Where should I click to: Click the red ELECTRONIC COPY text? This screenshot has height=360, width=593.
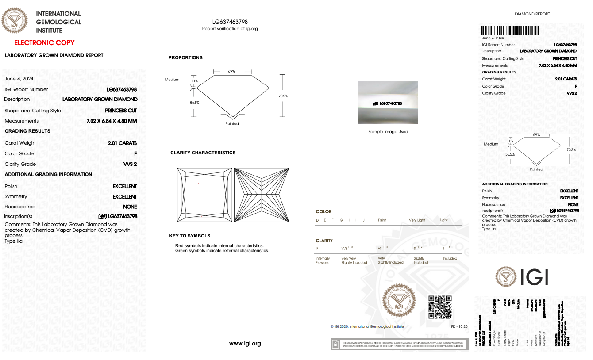pyautogui.click(x=44, y=43)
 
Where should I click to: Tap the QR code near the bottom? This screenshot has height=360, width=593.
pyautogui.click(x=440, y=307)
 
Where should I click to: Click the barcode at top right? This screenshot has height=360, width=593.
pyautogui.click(x=510, y=31)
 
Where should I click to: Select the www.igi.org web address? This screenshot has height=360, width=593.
pyautogui.click(x=245, y=344)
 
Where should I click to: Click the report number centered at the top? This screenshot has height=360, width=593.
pyautogui.click(x=230, y=22)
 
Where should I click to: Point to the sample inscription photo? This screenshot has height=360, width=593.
pyautogui.click(x=388, y=103)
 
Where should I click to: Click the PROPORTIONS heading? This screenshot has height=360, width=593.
pyautogui.click(x=185, y=58)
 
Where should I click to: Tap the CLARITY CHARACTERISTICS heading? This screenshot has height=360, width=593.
pyautogui.click(x=203, y=153)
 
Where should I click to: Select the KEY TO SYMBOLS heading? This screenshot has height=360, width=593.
pyautogui.click(x=189, y=236)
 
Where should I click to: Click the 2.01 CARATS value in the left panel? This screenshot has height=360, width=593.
pyautogui.click(x=122, y=143)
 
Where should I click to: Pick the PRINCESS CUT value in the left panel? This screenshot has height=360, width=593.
pyautogui.click(x=121, y=111)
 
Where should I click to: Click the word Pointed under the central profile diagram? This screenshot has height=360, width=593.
pyautogui.click(x=232, y=124)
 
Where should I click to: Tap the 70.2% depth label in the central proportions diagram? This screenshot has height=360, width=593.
pyautogui.click(x=283, y=96)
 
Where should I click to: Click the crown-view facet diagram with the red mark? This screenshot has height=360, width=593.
pyautogui.click(x=204, y=195)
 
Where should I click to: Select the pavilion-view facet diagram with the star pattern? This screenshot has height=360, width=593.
pyautogui.click(x=262, y=195)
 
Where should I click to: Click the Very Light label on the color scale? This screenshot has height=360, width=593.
pyautogui.click(x=416, y=220)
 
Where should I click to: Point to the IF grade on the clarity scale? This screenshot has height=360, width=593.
pyautogui.click(x=317, y=249)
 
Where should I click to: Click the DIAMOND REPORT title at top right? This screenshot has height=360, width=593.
pyautogui.click(x=532, y=14)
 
